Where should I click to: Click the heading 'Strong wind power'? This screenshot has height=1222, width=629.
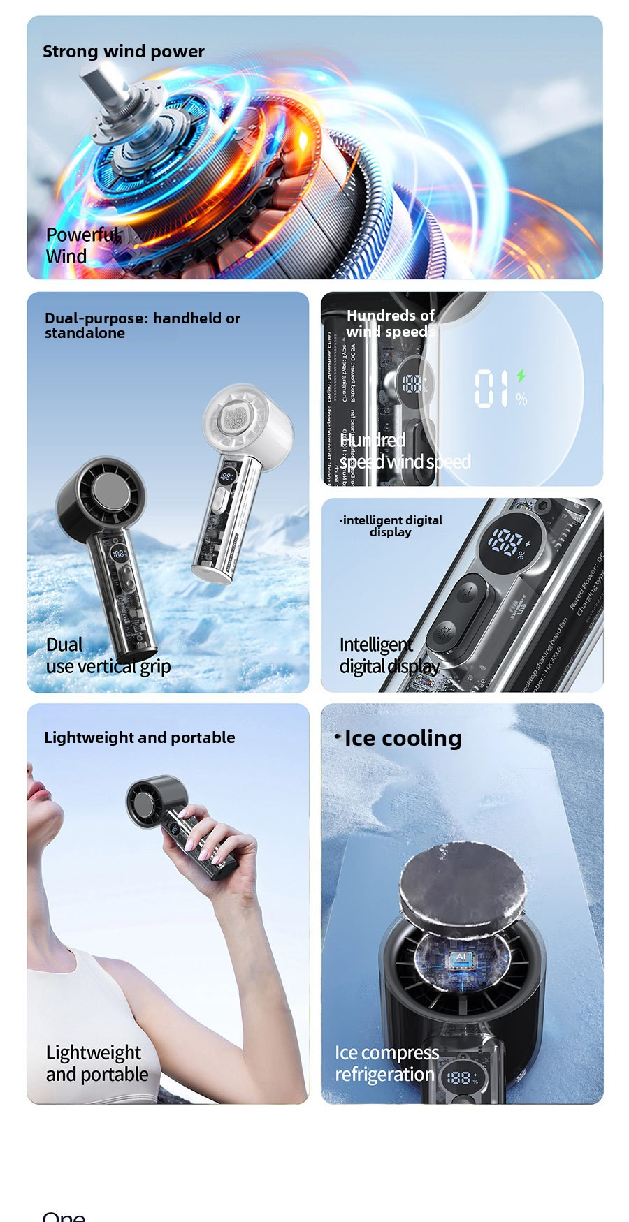123,52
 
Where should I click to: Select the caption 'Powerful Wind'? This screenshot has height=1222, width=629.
80,245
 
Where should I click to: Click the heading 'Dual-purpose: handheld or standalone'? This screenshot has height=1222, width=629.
143,325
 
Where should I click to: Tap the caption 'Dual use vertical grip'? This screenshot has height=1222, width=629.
108,655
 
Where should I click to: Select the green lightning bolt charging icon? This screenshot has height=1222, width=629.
521,375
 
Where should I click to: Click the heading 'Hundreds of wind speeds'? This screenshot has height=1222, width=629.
390,323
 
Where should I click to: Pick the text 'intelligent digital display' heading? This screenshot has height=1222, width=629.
391,526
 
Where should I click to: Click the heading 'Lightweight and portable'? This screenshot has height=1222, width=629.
139,737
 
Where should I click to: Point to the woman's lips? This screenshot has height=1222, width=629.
39,793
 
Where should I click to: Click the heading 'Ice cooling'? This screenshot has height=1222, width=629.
402,738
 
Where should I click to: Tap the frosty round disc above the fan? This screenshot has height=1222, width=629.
462,883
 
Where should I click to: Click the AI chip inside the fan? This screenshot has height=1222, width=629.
460,957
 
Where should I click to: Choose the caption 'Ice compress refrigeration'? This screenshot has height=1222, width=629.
386,1063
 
